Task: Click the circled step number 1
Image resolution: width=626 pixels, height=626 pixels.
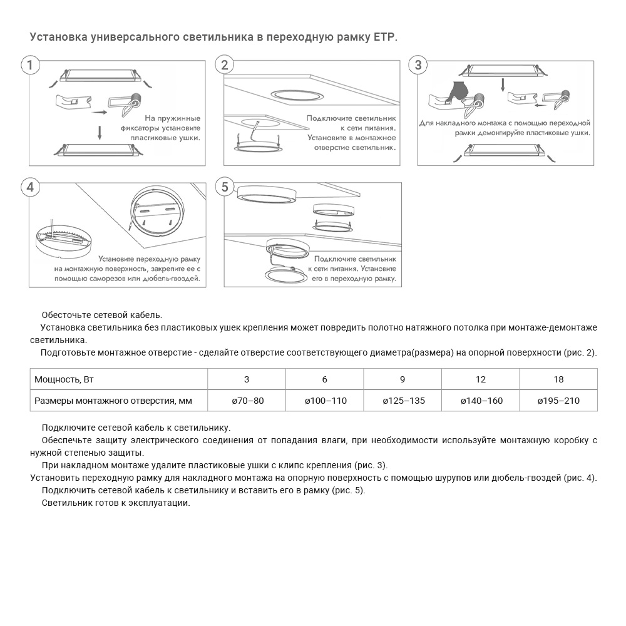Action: click(x=30, y=65)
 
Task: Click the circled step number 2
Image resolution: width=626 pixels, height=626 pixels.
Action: click(x=225, y=65)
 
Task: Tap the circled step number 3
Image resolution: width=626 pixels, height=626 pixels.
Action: click(x=418, y=65)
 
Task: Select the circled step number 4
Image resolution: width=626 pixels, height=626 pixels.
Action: click(x=30, y=187)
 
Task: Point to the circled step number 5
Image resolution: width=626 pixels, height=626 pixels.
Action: click(x=225, y=187)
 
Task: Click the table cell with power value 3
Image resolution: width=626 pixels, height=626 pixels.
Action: click(x=247, y=379)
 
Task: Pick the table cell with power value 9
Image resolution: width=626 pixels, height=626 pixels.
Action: click(x=403, y=379)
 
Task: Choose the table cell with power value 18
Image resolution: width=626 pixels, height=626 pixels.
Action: click(x=558, y=379)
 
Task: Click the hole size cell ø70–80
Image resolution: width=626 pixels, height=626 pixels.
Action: click(x=247, y=401)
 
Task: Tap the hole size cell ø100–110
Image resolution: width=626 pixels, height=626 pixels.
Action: click(x=325, y=401)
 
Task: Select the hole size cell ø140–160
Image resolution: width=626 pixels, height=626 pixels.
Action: click(x=481, y=401)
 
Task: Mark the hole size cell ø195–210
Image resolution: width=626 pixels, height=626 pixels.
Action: click(x=558, y=401)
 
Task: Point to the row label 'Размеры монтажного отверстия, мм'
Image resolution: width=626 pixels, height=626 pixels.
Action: click(x=113, y=401)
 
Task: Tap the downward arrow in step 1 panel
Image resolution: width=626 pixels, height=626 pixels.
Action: click(x=99, y=132)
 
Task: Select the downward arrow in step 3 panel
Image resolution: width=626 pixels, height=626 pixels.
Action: click(x=503, y=85)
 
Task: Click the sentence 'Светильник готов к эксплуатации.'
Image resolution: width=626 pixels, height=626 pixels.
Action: click(x=116, y=503)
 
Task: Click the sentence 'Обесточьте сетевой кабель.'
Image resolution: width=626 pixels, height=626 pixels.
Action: click(x=101, y=314)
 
